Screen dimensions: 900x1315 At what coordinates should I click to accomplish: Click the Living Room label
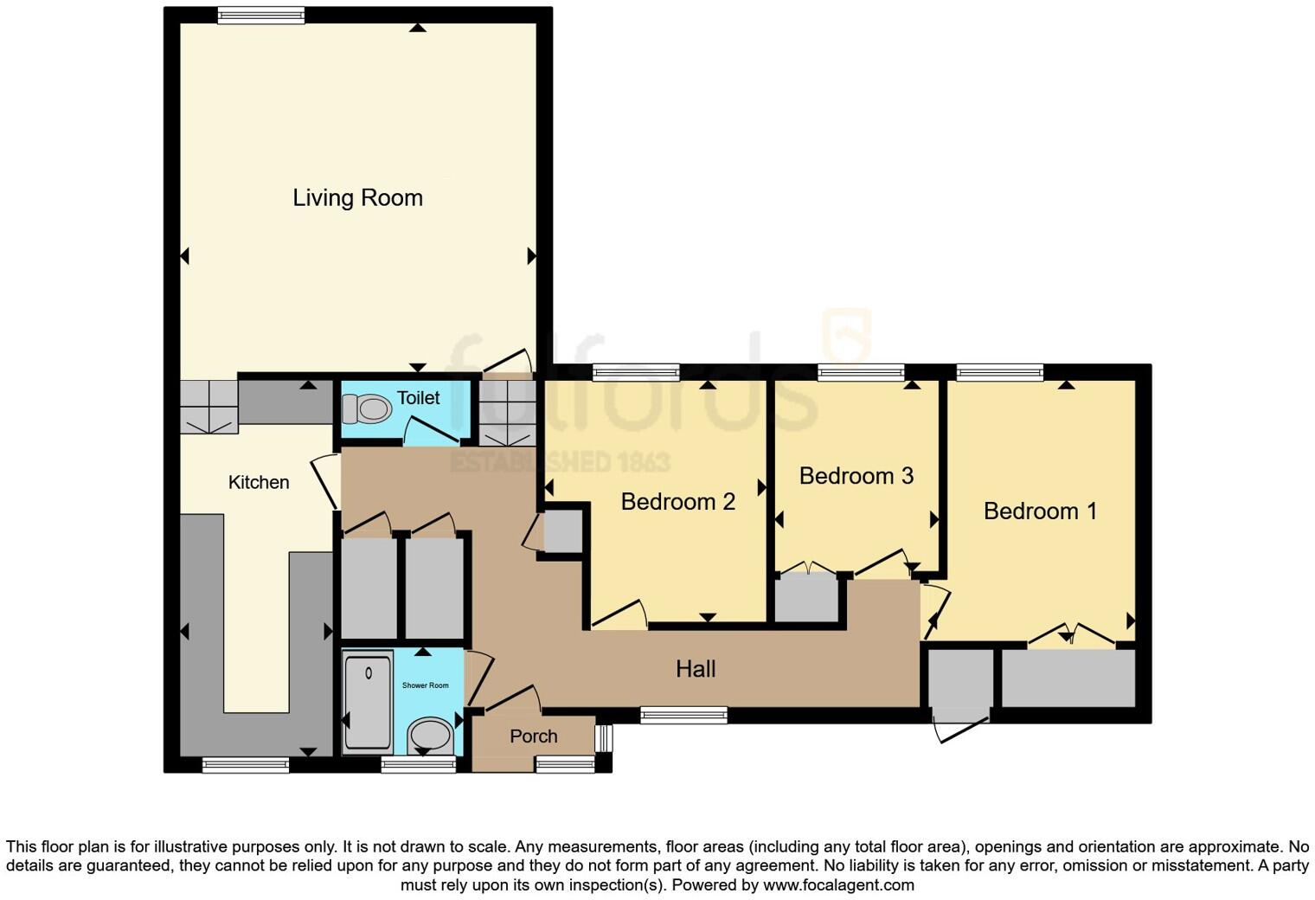(357, 198)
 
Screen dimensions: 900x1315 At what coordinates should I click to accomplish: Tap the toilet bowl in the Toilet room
(367, 408)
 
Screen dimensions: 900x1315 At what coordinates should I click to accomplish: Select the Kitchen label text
(258, 483)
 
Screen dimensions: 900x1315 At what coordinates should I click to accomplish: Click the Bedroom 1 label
(1040, 511)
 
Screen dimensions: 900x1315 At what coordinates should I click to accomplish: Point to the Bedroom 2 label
(677, 502)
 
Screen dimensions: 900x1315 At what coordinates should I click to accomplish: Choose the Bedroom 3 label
(856, 476)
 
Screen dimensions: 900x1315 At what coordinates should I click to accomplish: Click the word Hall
(696, 669)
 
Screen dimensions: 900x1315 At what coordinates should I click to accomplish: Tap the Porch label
(533, 736)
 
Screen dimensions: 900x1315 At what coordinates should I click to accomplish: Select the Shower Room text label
(425, 685)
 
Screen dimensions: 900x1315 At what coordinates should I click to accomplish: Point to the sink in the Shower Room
(430, 736)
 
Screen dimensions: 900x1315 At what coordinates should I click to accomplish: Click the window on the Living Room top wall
(260, 15)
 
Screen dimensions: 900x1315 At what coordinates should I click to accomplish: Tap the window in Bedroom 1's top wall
(999, 373)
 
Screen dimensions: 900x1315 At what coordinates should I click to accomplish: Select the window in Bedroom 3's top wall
(861, 373)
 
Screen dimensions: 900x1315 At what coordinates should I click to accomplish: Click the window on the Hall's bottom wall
(683, 715)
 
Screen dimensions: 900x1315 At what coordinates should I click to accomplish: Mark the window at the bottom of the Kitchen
(245, 765)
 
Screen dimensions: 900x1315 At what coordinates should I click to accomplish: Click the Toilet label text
(418, 398)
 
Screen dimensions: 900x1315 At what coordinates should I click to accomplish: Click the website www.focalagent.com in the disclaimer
(837, 885)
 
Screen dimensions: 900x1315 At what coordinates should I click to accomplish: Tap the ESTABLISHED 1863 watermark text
(560, 461)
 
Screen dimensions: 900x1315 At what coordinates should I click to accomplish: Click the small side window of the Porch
(604, 738)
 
